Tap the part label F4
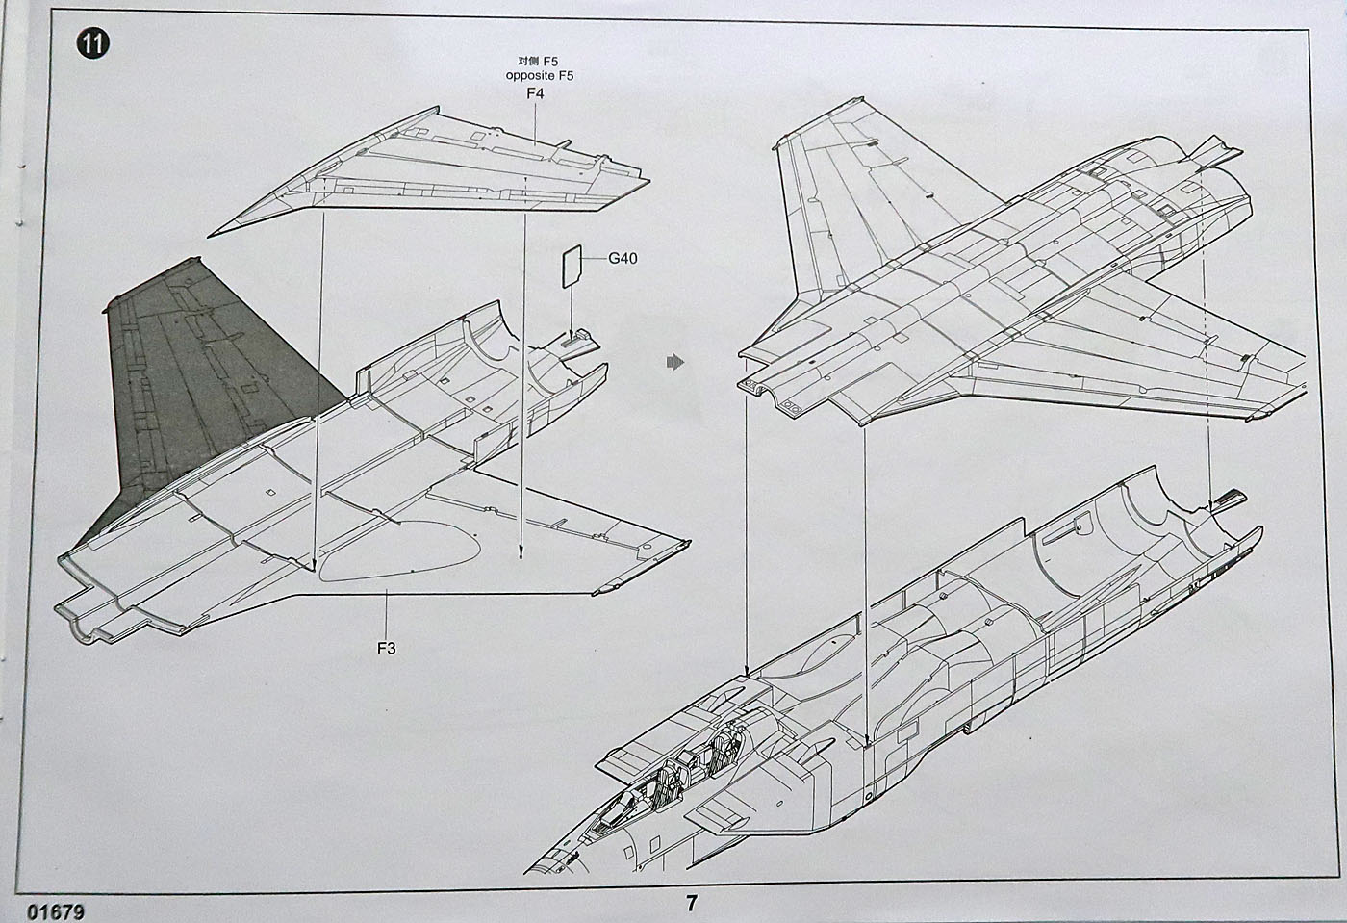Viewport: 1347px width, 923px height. coord(535,93)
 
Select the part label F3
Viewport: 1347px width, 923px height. coord(386,648)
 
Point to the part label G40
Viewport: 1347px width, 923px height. coord(623,258)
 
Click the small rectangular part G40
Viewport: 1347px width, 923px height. coord(572,266)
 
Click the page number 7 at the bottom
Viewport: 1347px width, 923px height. coord(691,904)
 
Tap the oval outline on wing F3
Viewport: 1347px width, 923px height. coord(399,551)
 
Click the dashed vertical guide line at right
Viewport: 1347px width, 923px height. coord(1207,337)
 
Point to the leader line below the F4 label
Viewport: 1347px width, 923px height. coord(535,121)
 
